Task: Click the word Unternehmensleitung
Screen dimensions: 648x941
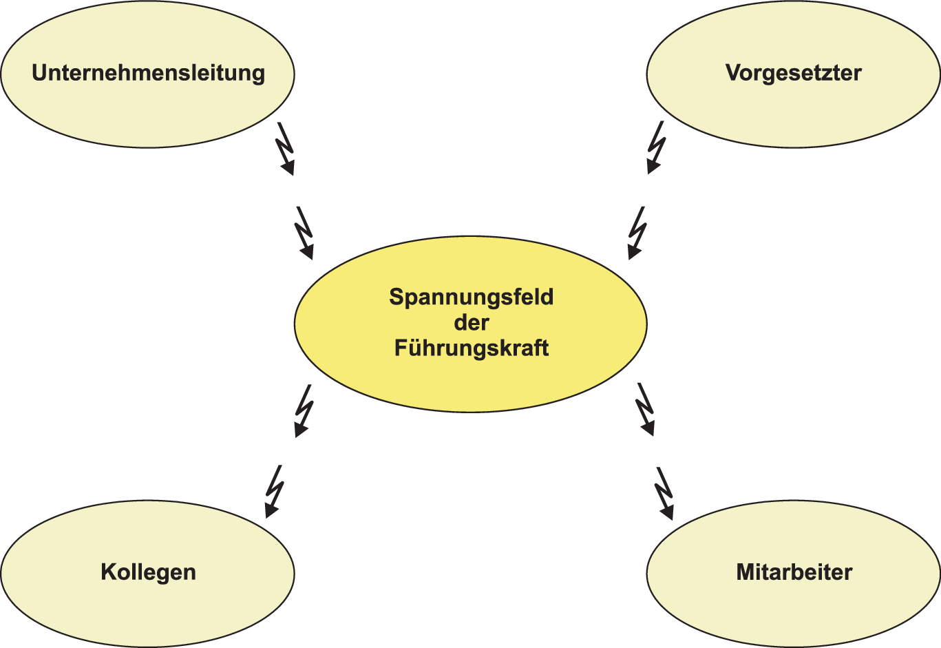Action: tap(148, 73)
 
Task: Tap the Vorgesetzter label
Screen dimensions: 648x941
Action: tap(793, 73)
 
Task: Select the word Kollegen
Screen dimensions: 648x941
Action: tap(148, 572)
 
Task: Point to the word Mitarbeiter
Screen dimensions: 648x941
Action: tap(794, 572)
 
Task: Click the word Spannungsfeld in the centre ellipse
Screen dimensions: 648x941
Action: tap(471, 297)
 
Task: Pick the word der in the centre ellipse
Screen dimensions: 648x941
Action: tap(471, 322)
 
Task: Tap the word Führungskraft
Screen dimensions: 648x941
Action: tap(471, 348)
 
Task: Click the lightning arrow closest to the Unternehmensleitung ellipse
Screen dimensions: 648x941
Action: tap(285, 148)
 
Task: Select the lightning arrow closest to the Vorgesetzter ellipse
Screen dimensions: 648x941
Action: tap(656, 147)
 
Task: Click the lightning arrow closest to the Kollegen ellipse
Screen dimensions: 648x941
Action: tap(274, 491)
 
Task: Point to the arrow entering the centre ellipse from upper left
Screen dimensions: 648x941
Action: tap(304, 233)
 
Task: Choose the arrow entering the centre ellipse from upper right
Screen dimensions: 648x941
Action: tap(637, 233)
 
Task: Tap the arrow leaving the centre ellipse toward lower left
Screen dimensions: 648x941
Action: tap(304, 410)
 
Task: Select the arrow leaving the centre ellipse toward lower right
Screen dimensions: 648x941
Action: tap(645, 409)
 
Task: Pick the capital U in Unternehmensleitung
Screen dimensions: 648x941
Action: tap(40, 73)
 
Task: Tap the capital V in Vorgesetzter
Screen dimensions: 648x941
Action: tap(732, 73)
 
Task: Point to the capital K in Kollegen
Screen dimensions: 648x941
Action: tap(108, 572)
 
